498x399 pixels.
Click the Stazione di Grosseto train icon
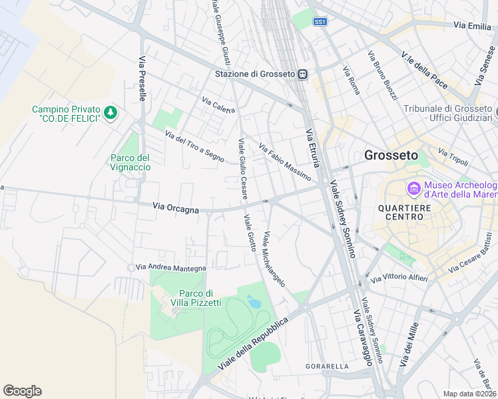coord(302,74)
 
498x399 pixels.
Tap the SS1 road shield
coord(320,22)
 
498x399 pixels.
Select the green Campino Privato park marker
coord(111,113)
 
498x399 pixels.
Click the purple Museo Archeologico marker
coord(413,190)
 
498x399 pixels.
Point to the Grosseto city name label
coord(391,155)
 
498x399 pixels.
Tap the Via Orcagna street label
coord(176,209)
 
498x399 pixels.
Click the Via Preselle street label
coord(142,78)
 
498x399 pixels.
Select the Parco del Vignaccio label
coord(130,162)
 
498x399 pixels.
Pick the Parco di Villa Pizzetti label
coord(196,299)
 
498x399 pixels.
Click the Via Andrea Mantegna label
coord(170,267)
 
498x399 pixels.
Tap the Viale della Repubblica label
coord(254,344)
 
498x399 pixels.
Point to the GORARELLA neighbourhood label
coord(327,366)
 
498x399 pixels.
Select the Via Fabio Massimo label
coord(284,163)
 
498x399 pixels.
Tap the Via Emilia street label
coord(471,25)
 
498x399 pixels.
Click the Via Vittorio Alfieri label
coord(399,277)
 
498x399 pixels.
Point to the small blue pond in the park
coord(254,302)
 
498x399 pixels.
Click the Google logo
coord(22,391)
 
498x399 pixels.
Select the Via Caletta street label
coord(218,106)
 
